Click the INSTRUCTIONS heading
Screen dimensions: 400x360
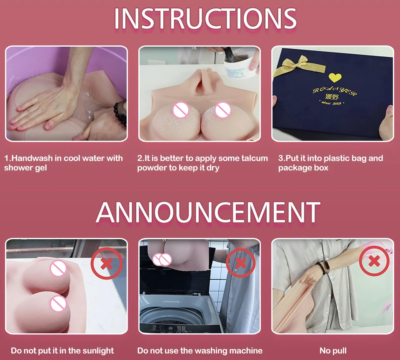(205, 18)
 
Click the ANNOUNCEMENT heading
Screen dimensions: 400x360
(208, 212)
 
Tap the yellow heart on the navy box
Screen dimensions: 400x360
(335, 77)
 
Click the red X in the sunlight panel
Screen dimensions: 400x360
(107, 263)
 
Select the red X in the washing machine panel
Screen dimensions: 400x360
(240, 263)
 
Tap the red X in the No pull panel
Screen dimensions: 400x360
(374, 261)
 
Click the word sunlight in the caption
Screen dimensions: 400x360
(98, 351)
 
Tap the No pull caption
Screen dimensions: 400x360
(333, 351)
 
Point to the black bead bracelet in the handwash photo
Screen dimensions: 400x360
(121, 113)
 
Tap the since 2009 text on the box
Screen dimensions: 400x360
(332, 103)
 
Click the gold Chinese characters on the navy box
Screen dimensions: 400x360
(332, 97)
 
